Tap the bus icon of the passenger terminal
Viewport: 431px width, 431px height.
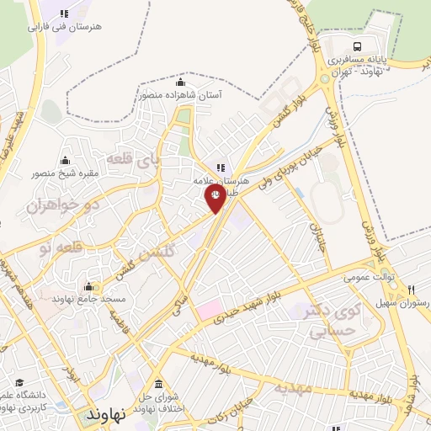click(359, 47)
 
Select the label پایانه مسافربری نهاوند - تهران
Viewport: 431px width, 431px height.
click(359, 67)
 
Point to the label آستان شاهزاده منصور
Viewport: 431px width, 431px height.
click(179, 95)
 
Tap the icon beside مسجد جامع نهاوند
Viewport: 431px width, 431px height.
click(88, 286)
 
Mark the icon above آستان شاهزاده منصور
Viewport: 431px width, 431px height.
click(179, 82)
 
